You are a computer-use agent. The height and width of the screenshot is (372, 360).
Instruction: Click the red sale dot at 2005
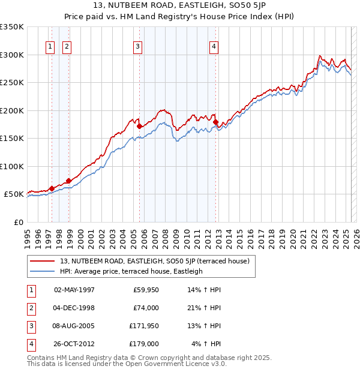pos(139,127)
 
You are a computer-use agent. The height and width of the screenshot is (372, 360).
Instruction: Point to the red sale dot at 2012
pos(216,122)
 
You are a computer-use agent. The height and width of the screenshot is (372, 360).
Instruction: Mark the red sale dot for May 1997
pos(52,188)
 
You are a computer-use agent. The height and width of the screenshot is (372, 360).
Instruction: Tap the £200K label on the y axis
pos(12,110)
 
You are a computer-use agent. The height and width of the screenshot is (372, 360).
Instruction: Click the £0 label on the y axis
pos(17,222)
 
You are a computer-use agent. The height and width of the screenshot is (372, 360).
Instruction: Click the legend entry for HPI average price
pos(131,271)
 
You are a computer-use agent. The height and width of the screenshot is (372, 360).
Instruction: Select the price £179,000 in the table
pos(145,344)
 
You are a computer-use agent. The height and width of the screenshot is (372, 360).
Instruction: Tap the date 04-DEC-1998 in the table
pos(74,308)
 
